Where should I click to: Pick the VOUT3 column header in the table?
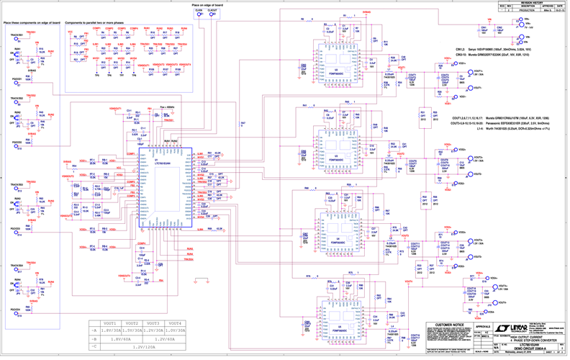pyautogui.click(x=152, y=323)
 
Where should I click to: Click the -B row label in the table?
pyautogui.click(x=94, y=338)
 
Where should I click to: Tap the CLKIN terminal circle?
pyautogui.click(x=198, y=14)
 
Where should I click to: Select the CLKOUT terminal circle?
pyautogui.click(x=212, y=14)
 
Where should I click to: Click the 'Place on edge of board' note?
pyautogui.click(x=207, y=5)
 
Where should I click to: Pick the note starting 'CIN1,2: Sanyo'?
pyautogui.click(x=496, y=49)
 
